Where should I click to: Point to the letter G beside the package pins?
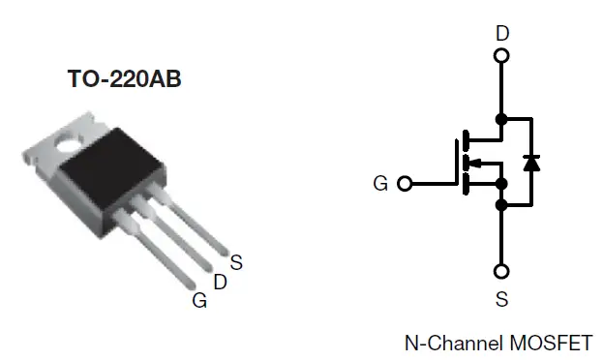coord(199,300)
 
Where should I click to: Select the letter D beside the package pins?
coord(220,282)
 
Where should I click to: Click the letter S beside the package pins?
coord(237,260)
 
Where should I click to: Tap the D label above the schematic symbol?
coord(501,34)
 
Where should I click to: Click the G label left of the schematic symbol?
coord(380,183)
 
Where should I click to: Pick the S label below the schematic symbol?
coord(501,300)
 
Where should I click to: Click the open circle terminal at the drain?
coord(501,55)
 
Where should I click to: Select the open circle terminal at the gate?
coord(405,183)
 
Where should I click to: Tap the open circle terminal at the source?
coord(501,272)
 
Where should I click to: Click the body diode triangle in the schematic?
coord(530,163)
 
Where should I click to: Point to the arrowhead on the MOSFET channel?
coord(474,162)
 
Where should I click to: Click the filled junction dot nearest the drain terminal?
coord(501,119)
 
